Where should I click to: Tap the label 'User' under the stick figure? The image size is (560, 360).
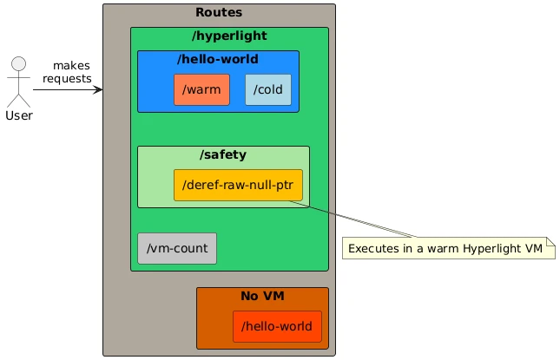coord(19,115)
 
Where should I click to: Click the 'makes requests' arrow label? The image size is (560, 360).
coord(68,73)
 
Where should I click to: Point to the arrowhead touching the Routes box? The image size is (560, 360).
coord(99,88)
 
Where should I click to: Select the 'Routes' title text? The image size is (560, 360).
coord(219,12)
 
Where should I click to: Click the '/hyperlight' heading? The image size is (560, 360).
coord(229,36)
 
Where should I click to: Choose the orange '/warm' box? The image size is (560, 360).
coord(201,89)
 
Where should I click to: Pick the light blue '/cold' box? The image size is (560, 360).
coord(268,89)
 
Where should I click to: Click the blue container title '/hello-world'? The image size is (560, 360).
coord(218,59)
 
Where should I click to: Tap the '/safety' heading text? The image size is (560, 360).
coord(223,154)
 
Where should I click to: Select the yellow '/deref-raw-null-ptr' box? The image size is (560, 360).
coord(238,185)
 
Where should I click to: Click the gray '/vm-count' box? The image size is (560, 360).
coord(177,248)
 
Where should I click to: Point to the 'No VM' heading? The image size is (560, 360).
coord(262,297)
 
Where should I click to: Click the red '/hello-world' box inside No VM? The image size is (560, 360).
coord(277,326)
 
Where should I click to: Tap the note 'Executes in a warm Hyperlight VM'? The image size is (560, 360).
coord(448,248)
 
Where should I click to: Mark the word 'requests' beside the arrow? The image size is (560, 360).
coord(68,80)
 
